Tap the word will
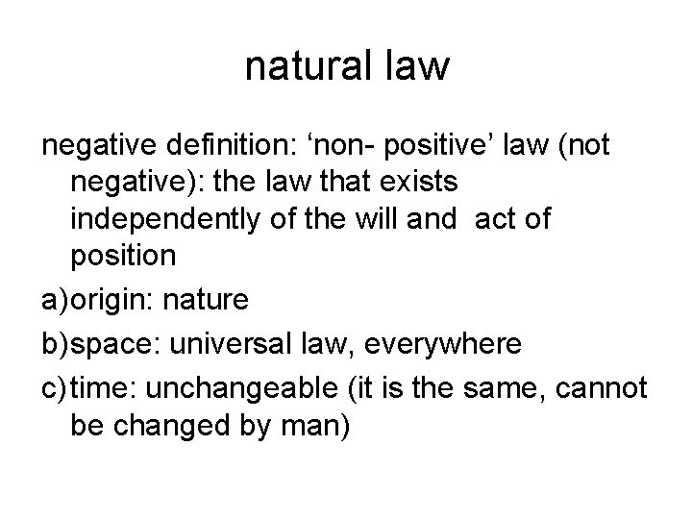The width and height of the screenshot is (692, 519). tap(398, 219)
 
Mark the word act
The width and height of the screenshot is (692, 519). tap(500, 219)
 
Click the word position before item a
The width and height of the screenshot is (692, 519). tap(122, 257)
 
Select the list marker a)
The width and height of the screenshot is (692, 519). tap(55, 301)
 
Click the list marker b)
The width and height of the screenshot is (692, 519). tap(55, 344)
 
